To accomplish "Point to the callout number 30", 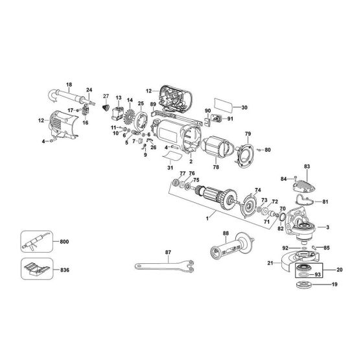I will pyautogui.click(x=244, y=108).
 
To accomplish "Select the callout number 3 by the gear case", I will pyautogui.click(x=329, y=227).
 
